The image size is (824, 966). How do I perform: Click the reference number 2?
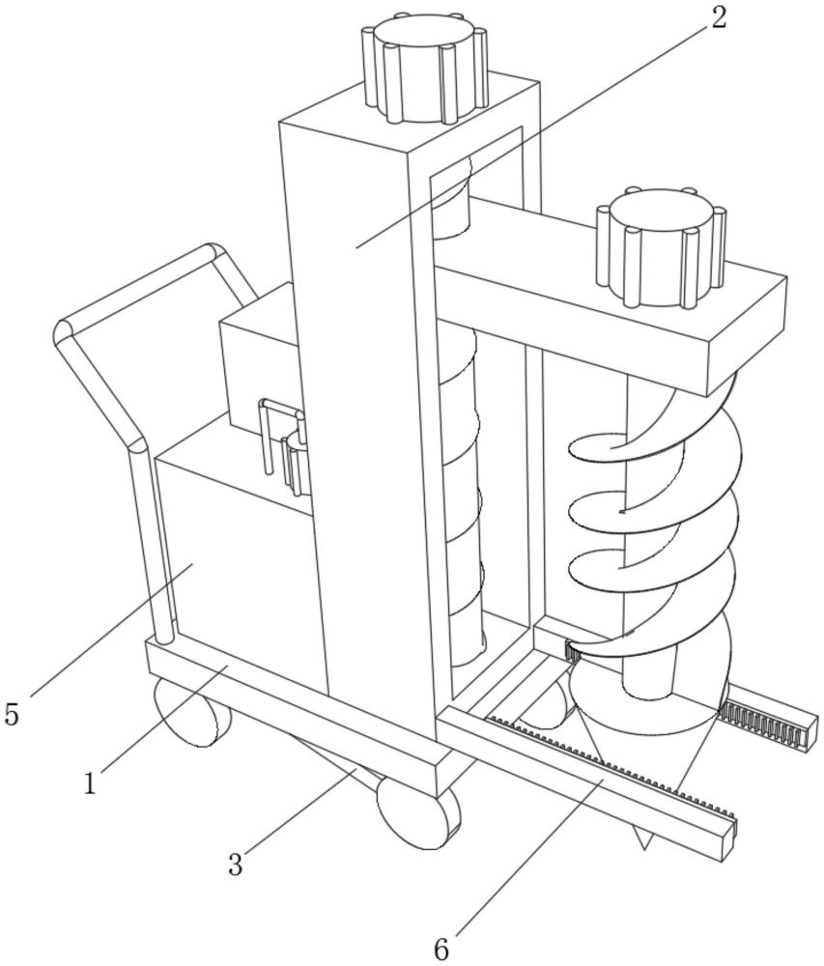coord(717,19)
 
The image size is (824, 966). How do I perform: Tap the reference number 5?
coord(12,715)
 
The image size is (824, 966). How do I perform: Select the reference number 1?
coord(91,782)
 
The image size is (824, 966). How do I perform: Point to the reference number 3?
coord(235,863)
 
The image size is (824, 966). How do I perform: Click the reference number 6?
coord(440,949)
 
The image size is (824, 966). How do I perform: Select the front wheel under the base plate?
coord(417,810)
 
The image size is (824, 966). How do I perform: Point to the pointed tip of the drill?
coord(642,842)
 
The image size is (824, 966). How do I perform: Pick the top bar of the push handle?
coord(135,285)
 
